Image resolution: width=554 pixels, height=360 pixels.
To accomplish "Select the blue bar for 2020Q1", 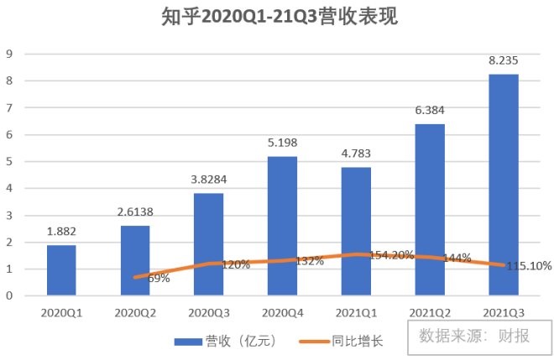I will click(x=61, y=270).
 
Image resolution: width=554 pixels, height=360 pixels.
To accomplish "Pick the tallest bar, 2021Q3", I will click(x=504, y=185).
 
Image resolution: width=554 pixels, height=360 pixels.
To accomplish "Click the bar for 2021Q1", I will click(x=356, y=231).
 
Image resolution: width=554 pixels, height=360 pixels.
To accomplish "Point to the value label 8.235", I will click(x=504, y=60).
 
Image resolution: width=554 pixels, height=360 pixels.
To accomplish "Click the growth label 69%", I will click(x=157, y=278).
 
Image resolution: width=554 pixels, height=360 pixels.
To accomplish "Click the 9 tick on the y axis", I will click(x=9, y=54).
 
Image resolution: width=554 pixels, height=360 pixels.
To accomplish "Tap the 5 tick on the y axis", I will click(x=9, y=161).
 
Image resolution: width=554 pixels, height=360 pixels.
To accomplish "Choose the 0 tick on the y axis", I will click(x=9, y=295).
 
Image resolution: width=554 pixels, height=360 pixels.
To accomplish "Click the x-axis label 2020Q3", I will click(x=208, y=312).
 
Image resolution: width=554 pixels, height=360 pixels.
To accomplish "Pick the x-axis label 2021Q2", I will click(x=430, y=312).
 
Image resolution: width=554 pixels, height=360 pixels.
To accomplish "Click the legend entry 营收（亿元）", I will click(x=225, y=342).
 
